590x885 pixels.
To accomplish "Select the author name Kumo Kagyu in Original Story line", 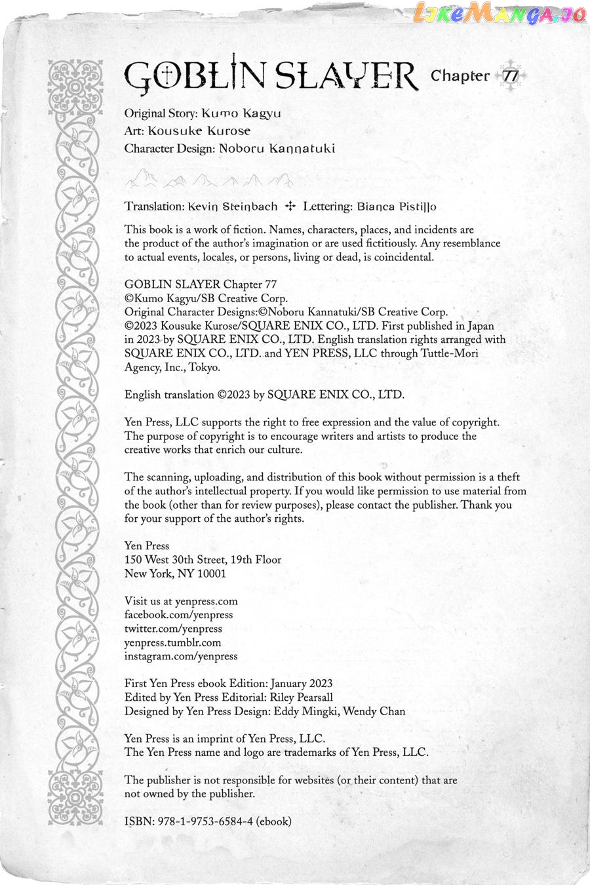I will pos(241,113).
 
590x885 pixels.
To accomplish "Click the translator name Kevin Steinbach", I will pos(232,206).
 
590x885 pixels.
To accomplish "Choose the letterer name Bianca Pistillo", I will pos(397,206).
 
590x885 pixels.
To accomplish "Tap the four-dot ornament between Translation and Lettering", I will pos(291,206).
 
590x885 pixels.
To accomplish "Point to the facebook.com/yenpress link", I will pos(178,615).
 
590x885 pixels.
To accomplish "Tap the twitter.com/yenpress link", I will pos(173,629).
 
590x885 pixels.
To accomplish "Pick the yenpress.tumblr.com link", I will pos(172,642).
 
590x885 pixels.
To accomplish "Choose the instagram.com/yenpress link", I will pos(181,656).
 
